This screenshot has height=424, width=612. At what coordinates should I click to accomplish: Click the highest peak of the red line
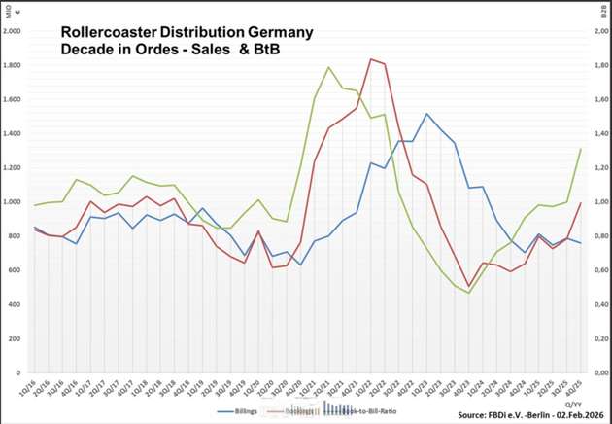click(371, 59)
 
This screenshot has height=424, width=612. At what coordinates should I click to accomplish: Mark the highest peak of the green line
click(328, 67)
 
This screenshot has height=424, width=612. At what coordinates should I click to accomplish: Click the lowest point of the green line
click(469, 293)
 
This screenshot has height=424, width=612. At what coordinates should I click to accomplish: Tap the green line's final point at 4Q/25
click(581, 149)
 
